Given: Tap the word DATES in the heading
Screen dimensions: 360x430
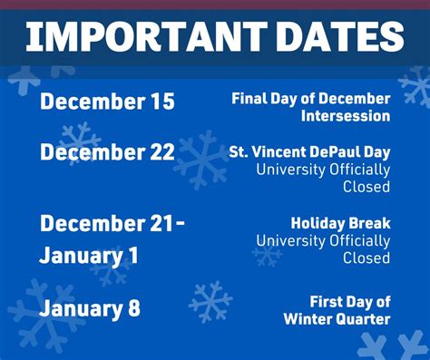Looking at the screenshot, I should tap(332, 37).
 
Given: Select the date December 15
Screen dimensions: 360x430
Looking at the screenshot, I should tap(106, 102).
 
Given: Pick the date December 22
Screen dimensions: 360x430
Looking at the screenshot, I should tap(106, 152).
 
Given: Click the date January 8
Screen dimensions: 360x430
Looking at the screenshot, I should tap(90, 308).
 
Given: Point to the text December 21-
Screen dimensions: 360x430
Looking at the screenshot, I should tap(112, 223).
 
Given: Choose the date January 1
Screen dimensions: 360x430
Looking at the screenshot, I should tap(89, 256).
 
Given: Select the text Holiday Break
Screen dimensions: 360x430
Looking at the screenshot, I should tap(340, 222).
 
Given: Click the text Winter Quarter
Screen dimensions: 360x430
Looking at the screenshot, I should tap(337, 318).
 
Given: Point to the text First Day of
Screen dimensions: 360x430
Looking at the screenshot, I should tap(350, 301).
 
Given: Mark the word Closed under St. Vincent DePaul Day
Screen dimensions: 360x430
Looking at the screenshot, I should tap(366, 187).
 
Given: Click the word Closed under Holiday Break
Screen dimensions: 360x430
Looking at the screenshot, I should tap(366, 258).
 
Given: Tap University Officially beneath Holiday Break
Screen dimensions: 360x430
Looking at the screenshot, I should tap(323, 240).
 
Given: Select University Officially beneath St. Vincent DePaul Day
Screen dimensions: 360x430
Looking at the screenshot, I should tap(323, 170).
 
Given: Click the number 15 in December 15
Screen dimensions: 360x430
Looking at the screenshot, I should tap(160, 102).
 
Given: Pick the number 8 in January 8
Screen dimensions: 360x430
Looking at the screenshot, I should tap(133, 308).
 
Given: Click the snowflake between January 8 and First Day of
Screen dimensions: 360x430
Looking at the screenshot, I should tap(210, 302).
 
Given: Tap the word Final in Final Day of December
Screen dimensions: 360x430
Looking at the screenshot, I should tap(249, 98).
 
